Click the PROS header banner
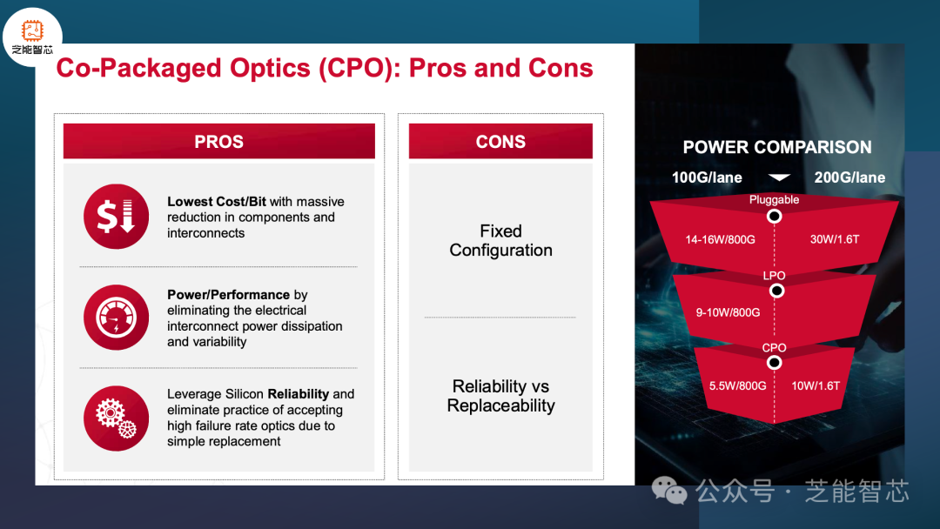click(x=218, y=142)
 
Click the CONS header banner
click(x=500, y=142)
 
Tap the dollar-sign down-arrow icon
click(x=117, y=217)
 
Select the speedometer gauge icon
click(x=117, y=318)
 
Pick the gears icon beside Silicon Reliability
click(x=117, y=419)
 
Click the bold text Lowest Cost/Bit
click(x=217, y=201)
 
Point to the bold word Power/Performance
click(x=228, y=295)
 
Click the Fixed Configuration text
click(x=501, y=240)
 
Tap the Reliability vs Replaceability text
click(x=501, y=395)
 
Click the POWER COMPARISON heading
click(x=777, y=147)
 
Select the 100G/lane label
click(x=707, y=177)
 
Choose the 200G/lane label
click(x=849, y=177)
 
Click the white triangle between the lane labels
click(x=779, y=177)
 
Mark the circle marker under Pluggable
click(x=775, y=217)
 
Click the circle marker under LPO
click(x=776, y=291)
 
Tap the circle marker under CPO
click(x=774, y=363)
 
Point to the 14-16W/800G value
click(x=720, y=239)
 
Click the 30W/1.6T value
click(x=835, y=239)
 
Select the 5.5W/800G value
click(x=737, y=385)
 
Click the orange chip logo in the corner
click(x=32, y=30)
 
